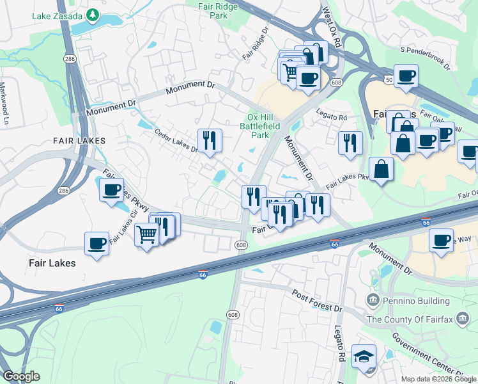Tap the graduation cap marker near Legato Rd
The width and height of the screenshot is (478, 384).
pyautogui.click(x=364, y=356)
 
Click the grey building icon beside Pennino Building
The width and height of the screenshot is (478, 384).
pyautogui.click(x=373, y=300)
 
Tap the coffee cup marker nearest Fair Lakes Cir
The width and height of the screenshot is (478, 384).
pyautogui.click(x=112, y=190)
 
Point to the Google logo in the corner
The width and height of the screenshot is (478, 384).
pyautogui.click(x=21, y=376)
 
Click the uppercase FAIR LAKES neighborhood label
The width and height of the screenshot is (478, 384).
pyautogui.click(x=80, y=140)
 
